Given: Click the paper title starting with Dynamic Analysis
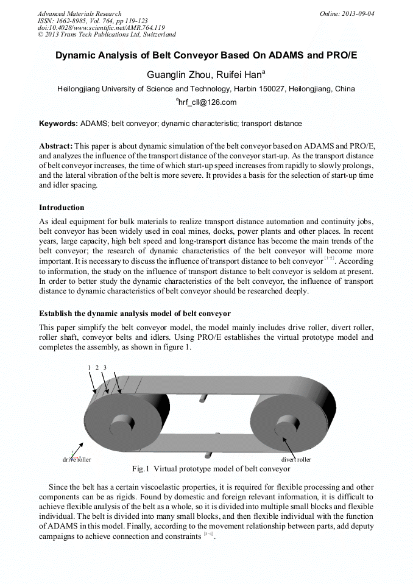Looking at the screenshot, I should click(x=206, y=55).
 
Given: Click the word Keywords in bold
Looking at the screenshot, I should click(x=58, y=124).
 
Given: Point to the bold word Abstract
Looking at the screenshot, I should click(x=55, y=146).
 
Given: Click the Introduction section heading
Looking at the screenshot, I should click(x=62, y=208).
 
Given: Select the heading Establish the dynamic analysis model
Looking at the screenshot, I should click(x=135, y=314).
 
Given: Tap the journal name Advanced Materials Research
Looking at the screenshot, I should click(x=79, y=13).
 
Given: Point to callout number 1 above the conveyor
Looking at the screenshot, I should click(x=89, y=368).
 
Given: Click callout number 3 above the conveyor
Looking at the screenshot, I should click(x=105, y=368).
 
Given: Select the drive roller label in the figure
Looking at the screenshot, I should click(x=77, y=459).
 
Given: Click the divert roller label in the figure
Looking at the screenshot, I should click(x=296, y=459).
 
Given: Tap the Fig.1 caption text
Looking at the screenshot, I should click(x=211, y=469).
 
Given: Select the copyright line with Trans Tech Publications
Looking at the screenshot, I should click(x=107, y=35).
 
